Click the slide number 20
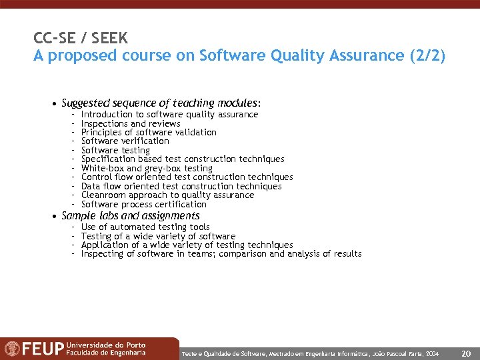pyautogui.click(x=466, y=352)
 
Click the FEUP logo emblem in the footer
pyautogui.click(x=12, y=349)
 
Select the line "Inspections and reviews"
pyautogui.click(x=131, y=123)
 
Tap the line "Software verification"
pyautogui.click(x=125, y=141)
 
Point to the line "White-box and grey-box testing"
pyautogui.click(x=147, y=168)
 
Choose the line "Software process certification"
pyautogui.click(x=144, y=204)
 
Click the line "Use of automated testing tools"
pyautogui.click(x=145, y=227)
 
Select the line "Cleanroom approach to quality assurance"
pyautogui.click(x=167, y=195)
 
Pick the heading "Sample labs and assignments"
pyautogui.click(x=131, y=216)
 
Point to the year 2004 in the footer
pyautogui.click(x=432, y=352)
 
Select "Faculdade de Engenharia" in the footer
pyautogui.click(x=105, y=353)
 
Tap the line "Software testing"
pyautogui.click(x=115, y=150)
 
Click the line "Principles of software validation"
pyautogui.click(x=149, y=132)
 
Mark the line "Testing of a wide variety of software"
pyautogui.click(x=158, y=236)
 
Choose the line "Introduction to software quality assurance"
pyautogui.click(x=169, y=114)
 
